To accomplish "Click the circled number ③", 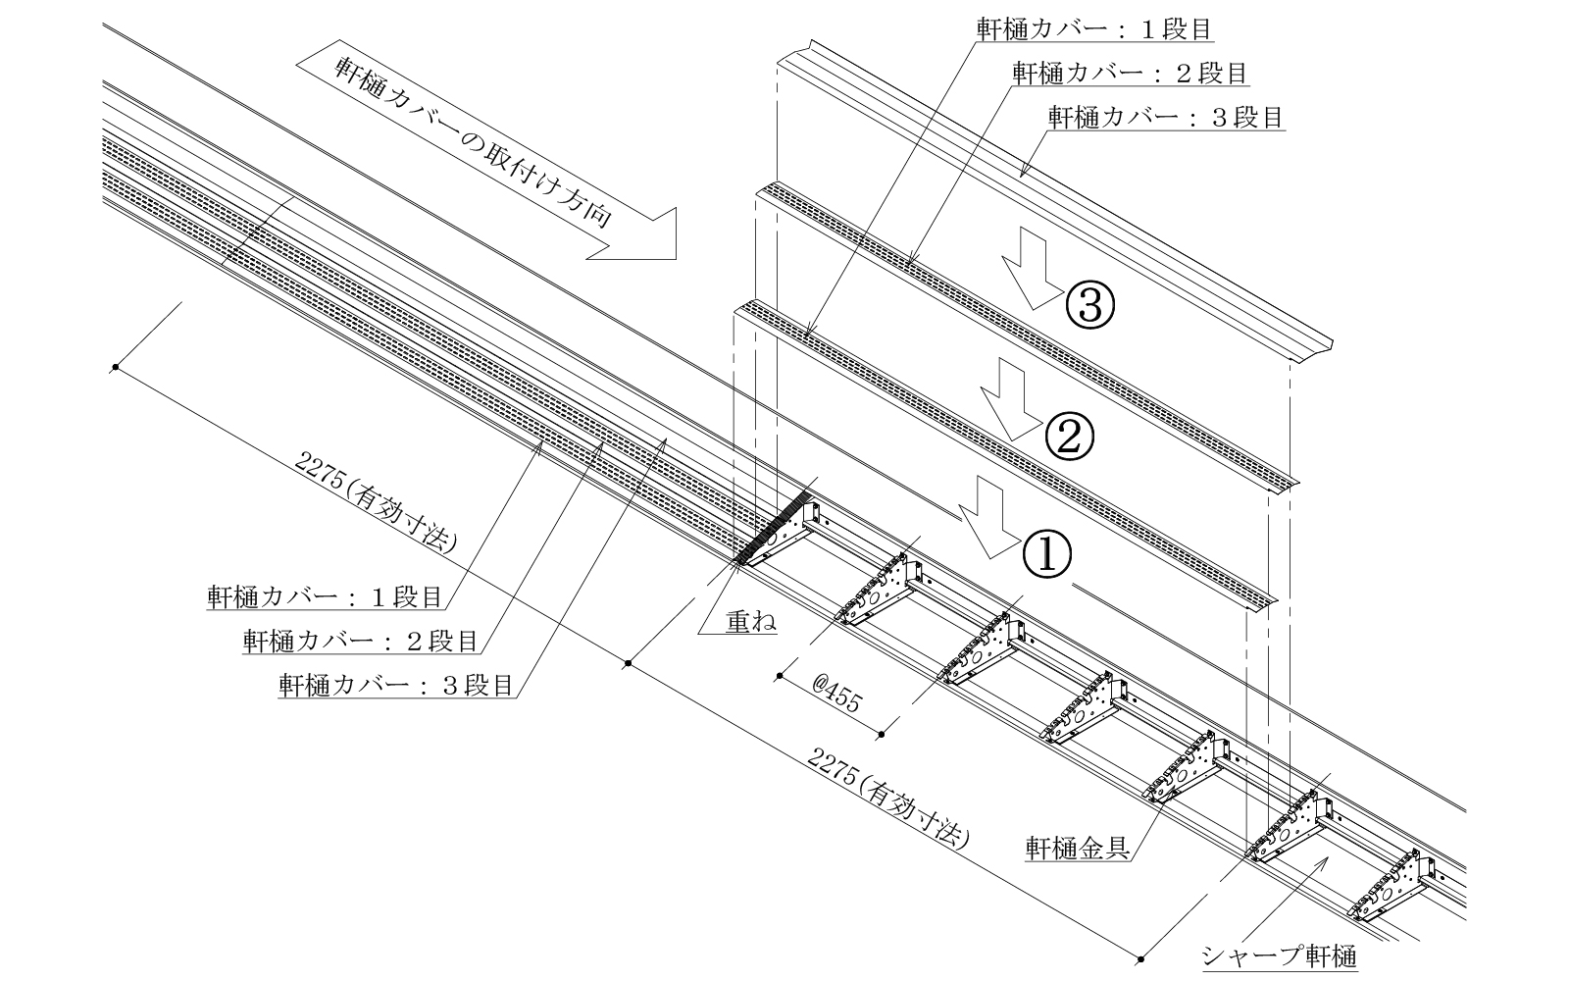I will pyautogui.click(x=1088, y=306).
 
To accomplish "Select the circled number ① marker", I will pyautogui.click(x=1047, y=554).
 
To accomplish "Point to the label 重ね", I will pyautogui.click(x=750, y=621).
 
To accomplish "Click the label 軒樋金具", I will pyautogui.click(x=1075, y=847).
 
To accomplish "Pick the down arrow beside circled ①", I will pyautogui.click(x=988, y=517).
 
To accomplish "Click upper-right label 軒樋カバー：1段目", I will pyautogui.click(x=1093, y=29).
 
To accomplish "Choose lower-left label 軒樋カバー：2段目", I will pyautogui.click(x=360, y=642).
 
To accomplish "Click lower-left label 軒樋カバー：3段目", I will pyautogui.click(x=396, y=685).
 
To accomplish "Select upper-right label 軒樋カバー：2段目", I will pyautogui.click(x=1130, y=74).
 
